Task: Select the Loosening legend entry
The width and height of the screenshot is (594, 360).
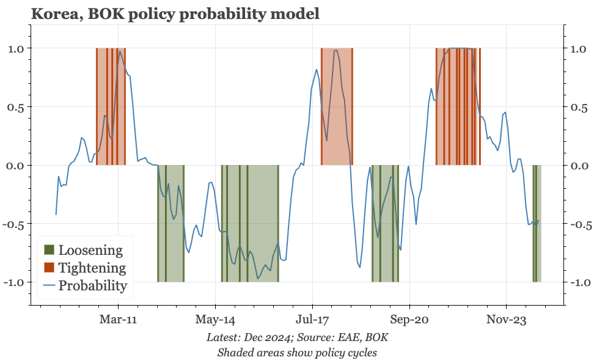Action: pyautogui.click(x=90, y=250)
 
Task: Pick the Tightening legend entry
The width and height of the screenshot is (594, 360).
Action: pyautogui.click(x=92, y=268)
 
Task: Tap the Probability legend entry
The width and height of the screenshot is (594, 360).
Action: pyautogui.click(x=93, y=285)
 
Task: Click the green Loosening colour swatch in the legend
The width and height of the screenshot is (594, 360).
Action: pyautogui.click(x=49, y=250)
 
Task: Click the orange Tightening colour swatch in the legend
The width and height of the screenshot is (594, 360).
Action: pyautogui.click(x=49, y=268)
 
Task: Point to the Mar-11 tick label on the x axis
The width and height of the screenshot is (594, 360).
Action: pyautogui.click(x=118, y=319)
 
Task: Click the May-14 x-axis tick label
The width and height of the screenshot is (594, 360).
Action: pyautogui.click(x=215, y=319)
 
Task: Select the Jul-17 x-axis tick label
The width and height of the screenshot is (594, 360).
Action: pyautogui.click(x=312, y=319)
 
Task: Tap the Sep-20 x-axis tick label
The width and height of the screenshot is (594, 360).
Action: pyautogui.click(x=409, y=319)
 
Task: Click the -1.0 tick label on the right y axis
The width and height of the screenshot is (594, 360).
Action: pyautogui.click(x=581, y=282)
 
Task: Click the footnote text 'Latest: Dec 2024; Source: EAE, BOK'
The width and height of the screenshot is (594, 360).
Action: pyautogui.click(x=297, y=337)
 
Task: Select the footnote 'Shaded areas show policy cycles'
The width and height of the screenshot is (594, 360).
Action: pyautogui.click(x=297, y=352)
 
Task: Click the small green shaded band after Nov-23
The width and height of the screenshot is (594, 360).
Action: pyautogui.click(x=537, y=224)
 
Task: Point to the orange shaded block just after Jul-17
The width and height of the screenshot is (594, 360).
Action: pyautogui.click(x=337, y=107)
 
